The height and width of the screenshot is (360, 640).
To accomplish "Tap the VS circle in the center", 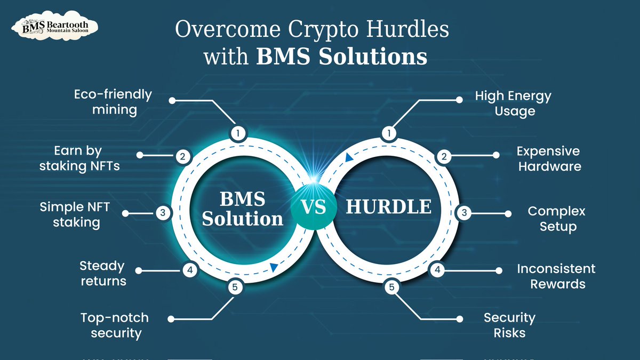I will [314, 207].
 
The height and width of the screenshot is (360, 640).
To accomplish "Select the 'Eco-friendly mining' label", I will [113, 102].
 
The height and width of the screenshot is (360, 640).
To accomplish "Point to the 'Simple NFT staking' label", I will [75, 214].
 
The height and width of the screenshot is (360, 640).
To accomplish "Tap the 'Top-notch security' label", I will [114, 325].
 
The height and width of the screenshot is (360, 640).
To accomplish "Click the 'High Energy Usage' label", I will [513, 103].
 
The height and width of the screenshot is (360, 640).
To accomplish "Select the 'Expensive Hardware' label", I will [549, 158].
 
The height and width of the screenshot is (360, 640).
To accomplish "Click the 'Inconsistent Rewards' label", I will [556, 276].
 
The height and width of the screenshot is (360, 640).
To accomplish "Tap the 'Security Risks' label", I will [509, 325].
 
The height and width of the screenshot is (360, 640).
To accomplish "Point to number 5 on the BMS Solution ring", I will [235, 287].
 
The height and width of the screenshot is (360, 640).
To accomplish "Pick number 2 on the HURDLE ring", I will [443, 157].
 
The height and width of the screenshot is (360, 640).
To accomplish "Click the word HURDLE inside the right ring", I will [389, 207].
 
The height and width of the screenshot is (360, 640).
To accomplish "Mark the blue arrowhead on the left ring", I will [274, 267].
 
